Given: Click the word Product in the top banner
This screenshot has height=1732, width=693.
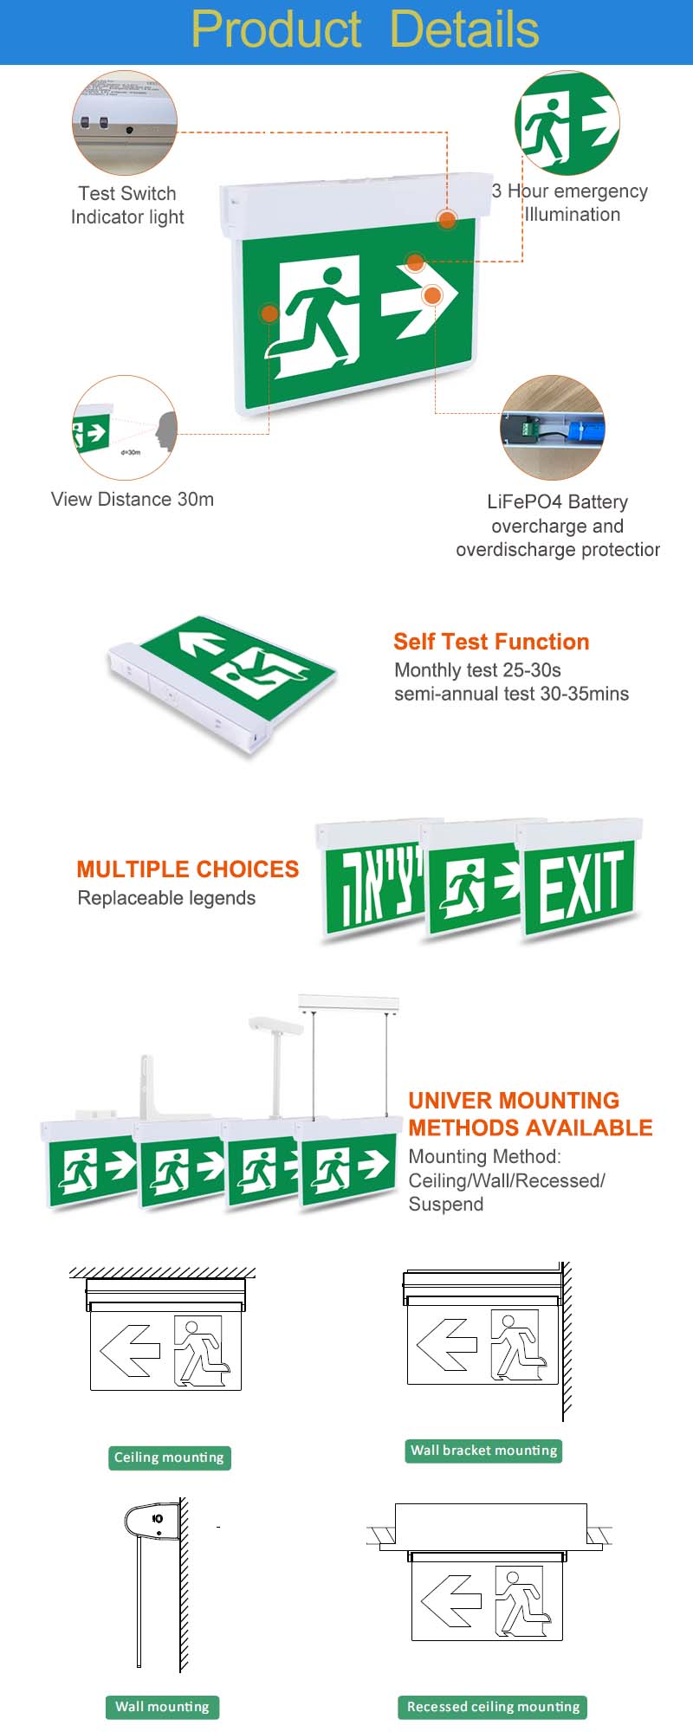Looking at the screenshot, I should [x=275, y=29].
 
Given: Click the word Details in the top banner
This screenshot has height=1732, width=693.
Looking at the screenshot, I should [x=464, y=29].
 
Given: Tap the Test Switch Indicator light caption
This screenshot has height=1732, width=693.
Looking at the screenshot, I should [x=127, y=205].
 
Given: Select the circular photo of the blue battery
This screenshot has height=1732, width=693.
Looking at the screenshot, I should [x=553, y=427].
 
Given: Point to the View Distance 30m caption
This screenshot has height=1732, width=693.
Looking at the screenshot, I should [x=133, y=500].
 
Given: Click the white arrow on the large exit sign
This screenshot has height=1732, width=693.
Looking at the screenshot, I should [x=418, y=297].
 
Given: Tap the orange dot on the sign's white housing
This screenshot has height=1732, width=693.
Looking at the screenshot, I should [x=447, y=219].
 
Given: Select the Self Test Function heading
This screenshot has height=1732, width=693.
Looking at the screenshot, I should [x=491, y=642].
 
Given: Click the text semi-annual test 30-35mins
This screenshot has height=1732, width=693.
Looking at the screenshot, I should [x=511, y=694].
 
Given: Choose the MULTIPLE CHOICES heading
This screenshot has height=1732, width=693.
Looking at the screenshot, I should [x=187, y=869].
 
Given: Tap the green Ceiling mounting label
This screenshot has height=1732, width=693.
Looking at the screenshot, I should [x=169, y=1457].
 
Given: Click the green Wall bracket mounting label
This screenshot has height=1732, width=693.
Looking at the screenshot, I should [x=483, y=1451].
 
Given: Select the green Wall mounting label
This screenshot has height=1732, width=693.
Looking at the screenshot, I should [x=162, y=1707].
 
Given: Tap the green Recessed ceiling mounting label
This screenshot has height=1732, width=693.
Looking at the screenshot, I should [x=493, y=1707].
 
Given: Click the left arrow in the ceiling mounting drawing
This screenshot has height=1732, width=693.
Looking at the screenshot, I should [x=130, y=1349].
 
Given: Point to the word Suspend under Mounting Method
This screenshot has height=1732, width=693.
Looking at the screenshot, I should [x=446, y=1205].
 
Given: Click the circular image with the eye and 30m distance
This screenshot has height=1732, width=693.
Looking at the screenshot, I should [x=126, y=428].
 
